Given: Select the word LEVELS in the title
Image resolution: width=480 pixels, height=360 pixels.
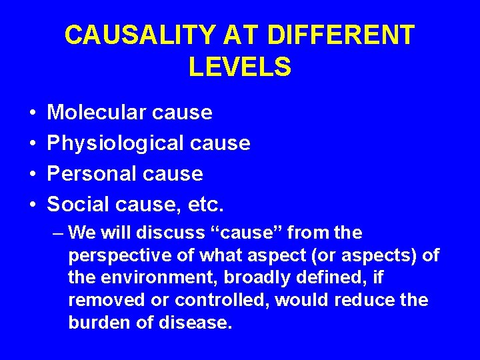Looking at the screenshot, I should [x=240, y=67].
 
